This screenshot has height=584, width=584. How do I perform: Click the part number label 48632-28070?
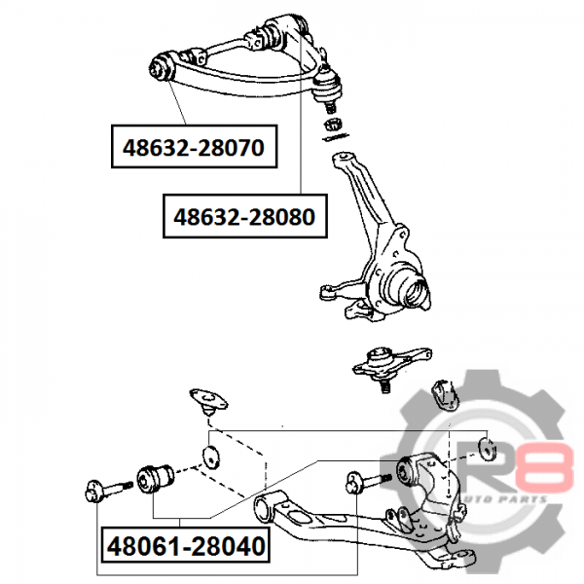pos(194,148)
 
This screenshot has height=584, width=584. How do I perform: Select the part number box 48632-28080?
pos(245,216)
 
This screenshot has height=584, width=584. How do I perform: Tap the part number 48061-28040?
pos(186,546)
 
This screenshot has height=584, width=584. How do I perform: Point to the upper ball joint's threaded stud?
pos(330,108)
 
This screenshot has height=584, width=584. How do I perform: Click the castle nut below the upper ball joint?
pos(334,125)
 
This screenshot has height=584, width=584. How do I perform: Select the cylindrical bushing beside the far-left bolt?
pos(155,478)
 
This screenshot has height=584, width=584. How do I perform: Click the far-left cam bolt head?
pos(93,492)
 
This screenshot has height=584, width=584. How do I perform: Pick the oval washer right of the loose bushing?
pos(211,456)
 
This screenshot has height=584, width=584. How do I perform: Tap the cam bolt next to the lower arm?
pos(368,482)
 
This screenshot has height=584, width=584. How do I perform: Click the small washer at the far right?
pos(488,449)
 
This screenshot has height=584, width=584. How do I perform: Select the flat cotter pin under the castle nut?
pos(336,137)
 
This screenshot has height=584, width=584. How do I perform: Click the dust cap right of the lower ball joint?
pos(445,395)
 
